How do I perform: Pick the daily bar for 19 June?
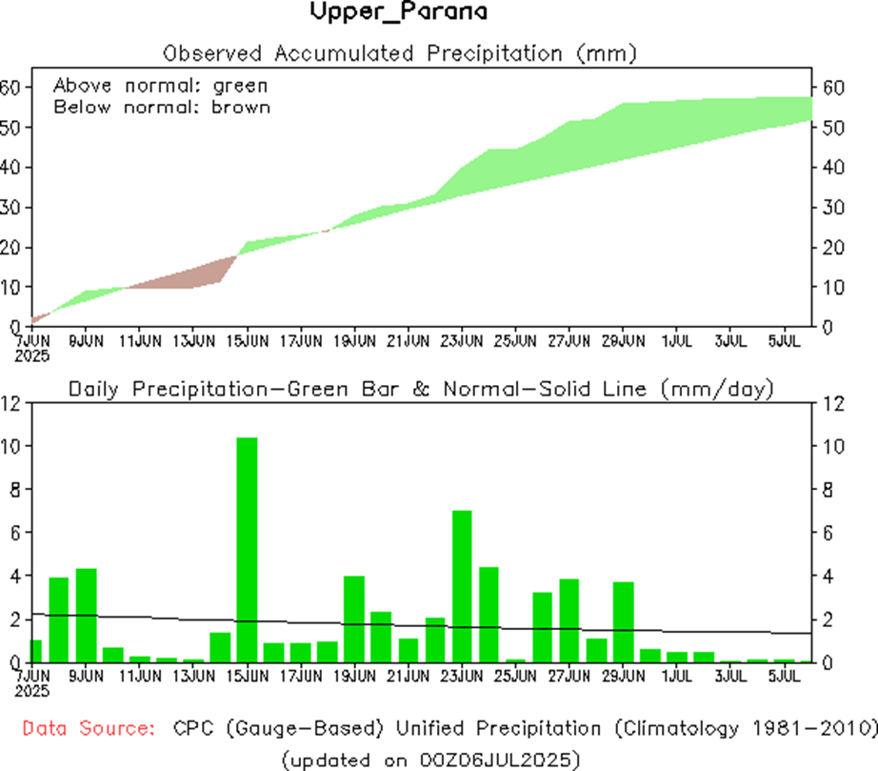coord(354,619)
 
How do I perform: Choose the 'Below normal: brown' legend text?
coord(162,107)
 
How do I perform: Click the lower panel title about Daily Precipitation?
coord(420,389)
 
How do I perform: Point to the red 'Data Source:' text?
coord(89,729)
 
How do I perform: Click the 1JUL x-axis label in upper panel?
coord(676,339)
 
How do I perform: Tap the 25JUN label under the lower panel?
coord(515,676)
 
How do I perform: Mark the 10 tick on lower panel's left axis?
coord(11,446)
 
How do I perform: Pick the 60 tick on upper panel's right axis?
coord(834,88)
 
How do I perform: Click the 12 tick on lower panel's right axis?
coord(831,403)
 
